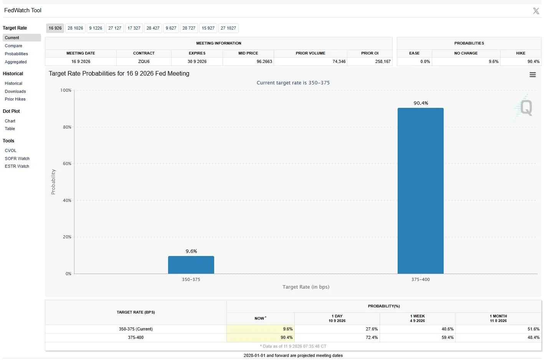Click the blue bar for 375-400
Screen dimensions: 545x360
click(420, 191)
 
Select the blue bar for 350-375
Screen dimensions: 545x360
click(191, 265)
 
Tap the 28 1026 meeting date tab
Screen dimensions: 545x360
click(75, 28)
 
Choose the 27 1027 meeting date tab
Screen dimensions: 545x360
click(228, 28)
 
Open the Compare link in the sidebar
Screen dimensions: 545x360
click(13, 46)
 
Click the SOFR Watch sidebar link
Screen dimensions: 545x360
click(17, 159)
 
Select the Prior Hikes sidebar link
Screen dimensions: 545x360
click(15, 99)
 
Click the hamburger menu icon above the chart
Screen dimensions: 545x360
click(533, 75)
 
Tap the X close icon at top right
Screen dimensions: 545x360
click(536, 11)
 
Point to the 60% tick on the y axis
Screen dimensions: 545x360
click(67, 163)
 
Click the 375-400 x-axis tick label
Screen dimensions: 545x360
click(420, 279)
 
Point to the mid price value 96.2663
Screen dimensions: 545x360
click(264, 61)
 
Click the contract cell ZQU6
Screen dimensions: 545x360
click(144, 61)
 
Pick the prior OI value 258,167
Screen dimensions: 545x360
click(383, 61)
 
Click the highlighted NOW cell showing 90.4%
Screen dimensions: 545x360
click(261, 337)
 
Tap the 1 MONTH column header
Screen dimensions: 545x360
click(498, 318)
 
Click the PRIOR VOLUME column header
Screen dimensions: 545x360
click(310, 53)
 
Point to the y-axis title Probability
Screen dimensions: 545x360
click(53, 182)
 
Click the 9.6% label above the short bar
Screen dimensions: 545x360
click(191, 251)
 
